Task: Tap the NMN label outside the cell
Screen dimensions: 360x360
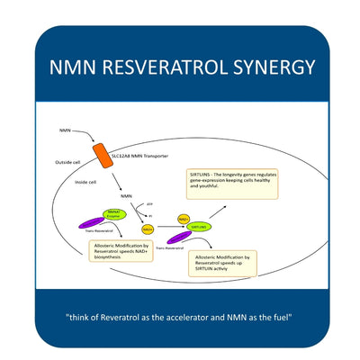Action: (65, 130)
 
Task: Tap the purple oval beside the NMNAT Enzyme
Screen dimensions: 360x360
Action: (94, 223)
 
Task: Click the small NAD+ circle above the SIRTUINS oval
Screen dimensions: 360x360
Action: (184, 219)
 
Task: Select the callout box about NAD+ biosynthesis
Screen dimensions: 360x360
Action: (121, 249)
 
